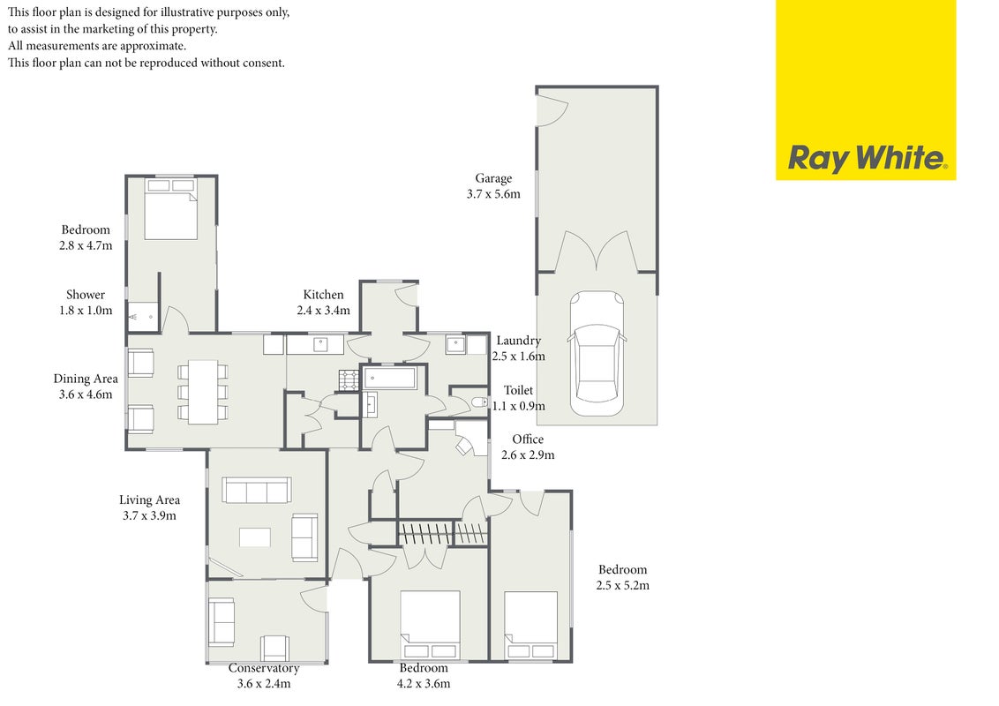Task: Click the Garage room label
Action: pyautogui.click(x=493, y=179)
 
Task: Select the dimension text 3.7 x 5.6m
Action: pyautogui.click(x=493, y=194)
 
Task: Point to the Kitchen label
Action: pyautogui.click(x=323, y=295)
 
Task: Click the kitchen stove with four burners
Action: pyautogui.click(x=349, y=380)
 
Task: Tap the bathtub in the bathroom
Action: pyautogui.click(x=390, y=378)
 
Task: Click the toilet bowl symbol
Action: pyautogui.click(x=480, y=402)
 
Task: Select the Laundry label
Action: pyautogui.click(x=519, y=341)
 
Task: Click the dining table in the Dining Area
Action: pyautogui.click(x=203, y=393)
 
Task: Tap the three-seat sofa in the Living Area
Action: pyautogui.click(x=256, y=491)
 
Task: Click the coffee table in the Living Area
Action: pyautogui.click(x=255, y=537)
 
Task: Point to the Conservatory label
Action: pyautogui.click(x=264, y=668)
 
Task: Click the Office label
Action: pyautogui.click(x=528, y=439)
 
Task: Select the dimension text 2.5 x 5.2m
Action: pyautogui.click(x=622, y=586)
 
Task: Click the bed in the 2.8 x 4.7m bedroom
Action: pyautogui.click(x=170, y=209)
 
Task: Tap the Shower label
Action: pyautogui.click(x=86, y=295)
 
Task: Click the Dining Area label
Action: pyautogui.click(x=86, y=379)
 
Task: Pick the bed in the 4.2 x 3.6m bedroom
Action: pyautogui.click(x=430, y=624)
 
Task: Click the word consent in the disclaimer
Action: pyautogui.click(x=262, y=63)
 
